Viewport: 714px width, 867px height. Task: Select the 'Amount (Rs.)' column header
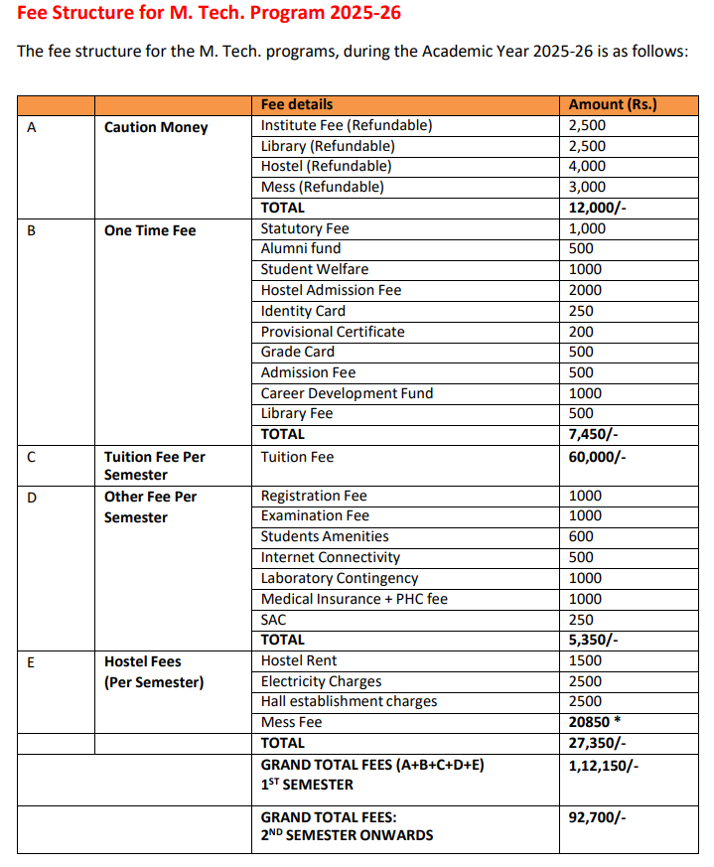612,104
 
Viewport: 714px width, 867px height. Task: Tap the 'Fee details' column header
297,104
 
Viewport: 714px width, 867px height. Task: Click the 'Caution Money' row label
156,127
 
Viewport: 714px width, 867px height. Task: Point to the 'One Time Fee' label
150,230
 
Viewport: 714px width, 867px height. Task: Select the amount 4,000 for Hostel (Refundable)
587,166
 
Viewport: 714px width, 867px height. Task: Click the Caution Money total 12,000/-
597,208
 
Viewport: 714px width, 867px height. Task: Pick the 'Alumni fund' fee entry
300,249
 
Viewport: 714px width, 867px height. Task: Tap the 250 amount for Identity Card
581,311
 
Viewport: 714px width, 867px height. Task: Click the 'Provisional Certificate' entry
333,332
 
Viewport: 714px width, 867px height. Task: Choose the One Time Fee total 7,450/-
593,434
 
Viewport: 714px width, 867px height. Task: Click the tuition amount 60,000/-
597,457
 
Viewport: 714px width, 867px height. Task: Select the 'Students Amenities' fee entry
325,536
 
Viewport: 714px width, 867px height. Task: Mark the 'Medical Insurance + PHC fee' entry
354,599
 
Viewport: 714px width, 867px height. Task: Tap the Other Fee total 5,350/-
593,640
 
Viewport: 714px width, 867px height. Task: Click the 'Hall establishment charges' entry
349,701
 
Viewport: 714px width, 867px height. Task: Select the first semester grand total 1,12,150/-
603,765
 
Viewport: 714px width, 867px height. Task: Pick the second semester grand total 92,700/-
597,817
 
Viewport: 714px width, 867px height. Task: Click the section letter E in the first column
31,661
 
